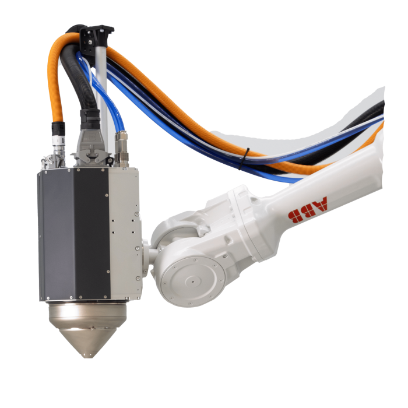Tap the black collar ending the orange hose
(x=57, y=128)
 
